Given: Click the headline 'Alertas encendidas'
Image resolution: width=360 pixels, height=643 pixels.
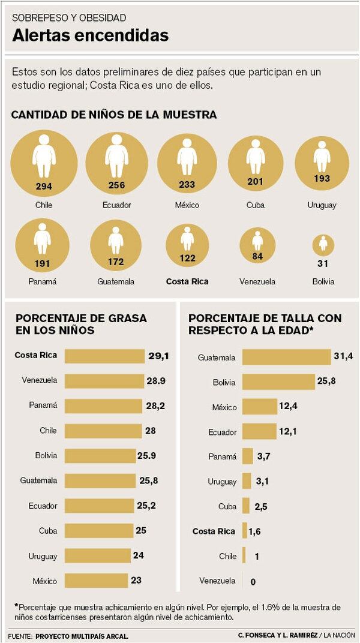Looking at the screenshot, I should [x=90, y=35].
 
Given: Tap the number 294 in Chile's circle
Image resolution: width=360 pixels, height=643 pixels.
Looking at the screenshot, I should [x=44, y=187].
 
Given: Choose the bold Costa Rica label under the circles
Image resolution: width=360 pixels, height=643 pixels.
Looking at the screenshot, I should [x=187, y=281].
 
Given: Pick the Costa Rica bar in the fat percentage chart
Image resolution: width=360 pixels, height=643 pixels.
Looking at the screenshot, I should [x=104, y=356].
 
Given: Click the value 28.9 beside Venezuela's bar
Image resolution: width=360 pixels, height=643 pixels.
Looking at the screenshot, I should [x=155, y=381].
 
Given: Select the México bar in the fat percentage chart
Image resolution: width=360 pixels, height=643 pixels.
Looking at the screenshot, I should [x=96, y=581].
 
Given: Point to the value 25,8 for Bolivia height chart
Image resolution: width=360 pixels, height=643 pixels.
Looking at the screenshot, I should [x=328, y=381].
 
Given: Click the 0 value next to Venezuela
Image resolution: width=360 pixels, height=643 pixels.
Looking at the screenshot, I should [x=253, y=581].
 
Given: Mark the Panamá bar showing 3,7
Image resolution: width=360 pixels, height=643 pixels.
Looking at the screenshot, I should [x=248, y=456].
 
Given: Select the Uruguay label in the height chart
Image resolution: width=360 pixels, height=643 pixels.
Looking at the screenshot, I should [x=222, y=481].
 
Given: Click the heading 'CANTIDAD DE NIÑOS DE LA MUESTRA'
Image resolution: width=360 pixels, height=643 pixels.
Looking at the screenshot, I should [x=114, y=115].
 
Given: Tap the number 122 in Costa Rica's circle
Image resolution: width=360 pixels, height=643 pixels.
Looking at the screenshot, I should [x=187, y=259].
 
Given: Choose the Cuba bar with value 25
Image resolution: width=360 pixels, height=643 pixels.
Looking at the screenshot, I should [x=99, y=531].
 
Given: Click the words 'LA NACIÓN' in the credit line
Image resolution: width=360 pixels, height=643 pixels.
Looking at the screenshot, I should [x=340, y=635].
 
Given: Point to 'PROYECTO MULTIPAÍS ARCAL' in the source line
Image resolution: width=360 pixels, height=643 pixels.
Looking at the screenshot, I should [x=82, y=635].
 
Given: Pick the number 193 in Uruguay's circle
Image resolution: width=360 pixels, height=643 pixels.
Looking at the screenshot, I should [x=322, y=179].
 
